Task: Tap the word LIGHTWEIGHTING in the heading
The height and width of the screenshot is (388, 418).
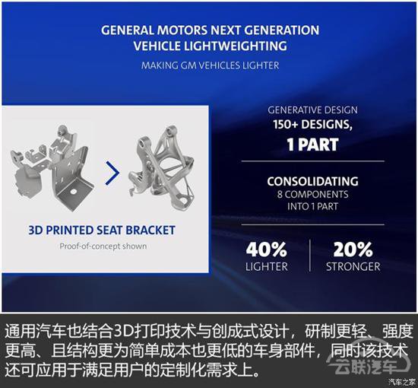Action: [236, 46]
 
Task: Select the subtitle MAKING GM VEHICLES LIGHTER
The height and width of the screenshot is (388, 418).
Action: [210, 65]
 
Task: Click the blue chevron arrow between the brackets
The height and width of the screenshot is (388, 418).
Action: [113, 173]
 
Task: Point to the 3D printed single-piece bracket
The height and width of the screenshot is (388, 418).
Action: [162, 166]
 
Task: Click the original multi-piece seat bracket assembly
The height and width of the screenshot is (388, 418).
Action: [52, 167]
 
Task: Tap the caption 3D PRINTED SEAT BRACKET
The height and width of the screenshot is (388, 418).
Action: [102, 231]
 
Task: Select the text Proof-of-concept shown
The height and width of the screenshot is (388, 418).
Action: [103, 246]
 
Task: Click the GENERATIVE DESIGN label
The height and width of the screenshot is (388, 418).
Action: [312, 110]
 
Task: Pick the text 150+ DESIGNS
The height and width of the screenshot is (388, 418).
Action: [312, 124]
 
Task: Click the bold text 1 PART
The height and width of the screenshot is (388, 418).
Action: [312, 145]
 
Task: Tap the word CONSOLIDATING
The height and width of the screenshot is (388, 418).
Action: [312, 182]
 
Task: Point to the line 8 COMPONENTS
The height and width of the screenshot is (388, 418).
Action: [312, 194]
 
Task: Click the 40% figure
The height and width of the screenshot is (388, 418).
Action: [267, 250]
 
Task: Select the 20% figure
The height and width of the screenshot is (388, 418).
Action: [353, 250]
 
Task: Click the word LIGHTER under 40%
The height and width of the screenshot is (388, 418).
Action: [267, 266]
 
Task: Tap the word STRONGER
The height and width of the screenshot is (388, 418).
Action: [353, 266]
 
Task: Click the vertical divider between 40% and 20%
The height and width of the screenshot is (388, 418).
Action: [310, 256]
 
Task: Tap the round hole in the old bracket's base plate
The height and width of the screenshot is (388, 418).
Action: [73, 191]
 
